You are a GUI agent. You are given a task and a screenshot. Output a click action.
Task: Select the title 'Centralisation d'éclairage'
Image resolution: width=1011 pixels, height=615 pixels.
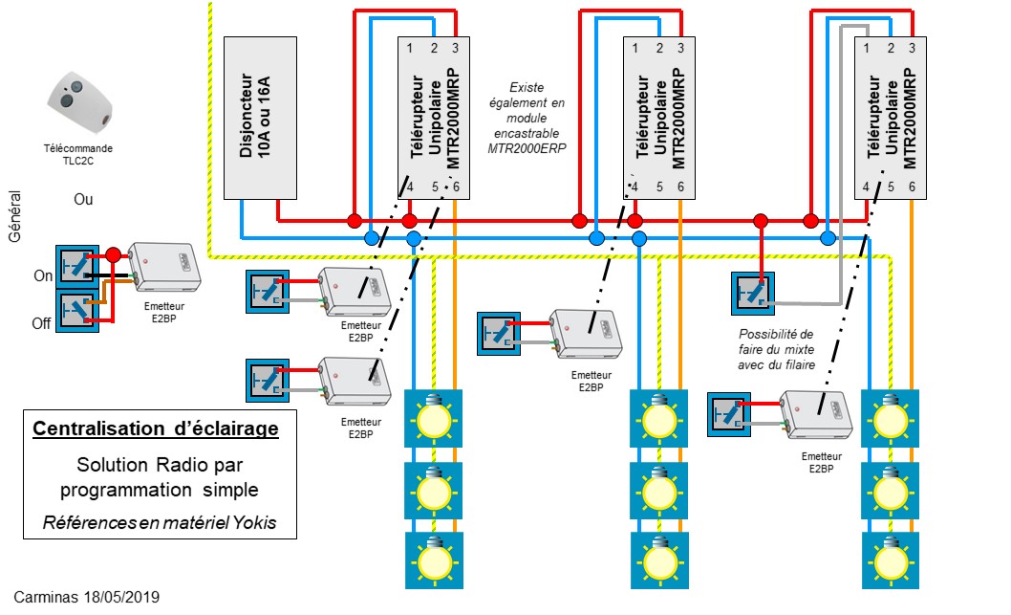[156, 429]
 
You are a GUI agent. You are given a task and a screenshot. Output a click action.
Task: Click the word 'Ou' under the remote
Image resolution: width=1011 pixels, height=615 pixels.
[84, 201]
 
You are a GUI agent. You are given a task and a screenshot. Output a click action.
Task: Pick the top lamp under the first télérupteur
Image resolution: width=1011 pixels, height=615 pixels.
[434, 417]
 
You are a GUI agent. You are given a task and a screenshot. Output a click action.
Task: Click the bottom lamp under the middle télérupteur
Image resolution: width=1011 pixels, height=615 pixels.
[659, 559]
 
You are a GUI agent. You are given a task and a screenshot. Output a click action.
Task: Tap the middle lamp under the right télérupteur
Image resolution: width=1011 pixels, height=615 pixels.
[890, 488]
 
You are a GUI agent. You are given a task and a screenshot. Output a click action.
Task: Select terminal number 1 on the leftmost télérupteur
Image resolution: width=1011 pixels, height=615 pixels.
[410, 48]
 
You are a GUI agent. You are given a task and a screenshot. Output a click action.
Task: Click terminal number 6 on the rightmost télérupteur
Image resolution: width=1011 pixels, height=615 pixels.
[913, 187]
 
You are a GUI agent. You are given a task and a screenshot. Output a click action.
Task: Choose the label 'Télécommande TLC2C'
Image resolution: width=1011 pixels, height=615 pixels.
[78, 155]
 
